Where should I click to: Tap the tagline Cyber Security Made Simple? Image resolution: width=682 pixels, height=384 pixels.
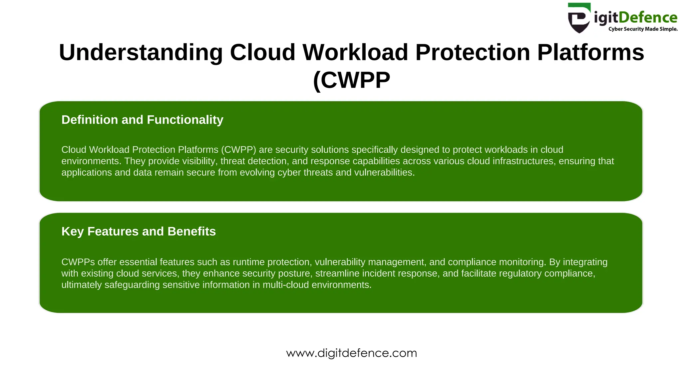643,29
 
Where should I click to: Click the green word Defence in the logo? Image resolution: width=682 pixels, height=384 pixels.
648,17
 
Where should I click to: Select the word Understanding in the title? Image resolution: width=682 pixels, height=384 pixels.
141,52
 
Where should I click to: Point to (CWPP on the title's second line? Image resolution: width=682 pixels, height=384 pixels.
351,80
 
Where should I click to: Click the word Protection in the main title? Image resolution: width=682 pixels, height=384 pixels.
473,52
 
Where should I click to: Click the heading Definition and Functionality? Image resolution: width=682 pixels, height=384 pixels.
142,120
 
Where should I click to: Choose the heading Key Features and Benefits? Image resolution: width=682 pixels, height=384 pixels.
139,231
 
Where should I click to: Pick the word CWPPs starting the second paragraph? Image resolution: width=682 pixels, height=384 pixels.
78,262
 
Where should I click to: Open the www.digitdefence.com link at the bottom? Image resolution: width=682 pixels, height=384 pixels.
351,353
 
